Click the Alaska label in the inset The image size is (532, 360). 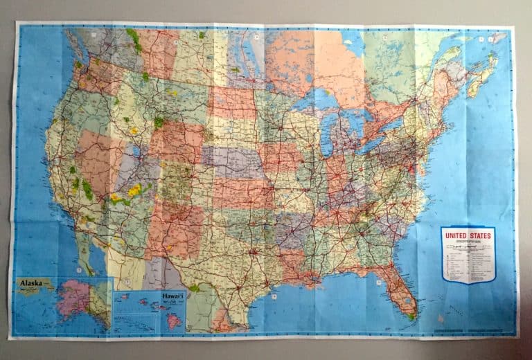tap(33, 283)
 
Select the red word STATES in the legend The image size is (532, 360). tap(480, 235)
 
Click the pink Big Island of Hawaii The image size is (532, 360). tap(175, 321)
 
